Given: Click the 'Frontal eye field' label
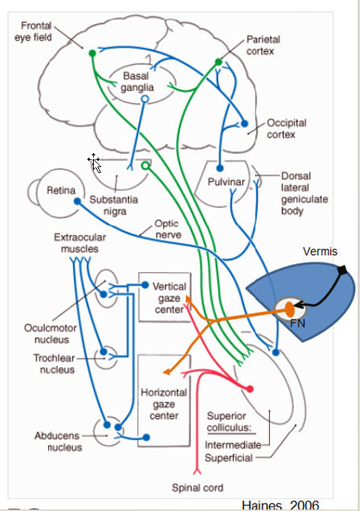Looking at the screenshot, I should pos(35,32).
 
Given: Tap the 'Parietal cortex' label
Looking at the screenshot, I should pos(263,45).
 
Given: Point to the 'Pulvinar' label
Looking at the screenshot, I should pos(226,181).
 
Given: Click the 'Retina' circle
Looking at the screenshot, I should pos(61,190).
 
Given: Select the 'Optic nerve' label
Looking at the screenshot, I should pos(167,227).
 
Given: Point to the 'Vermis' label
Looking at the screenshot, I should pos(319,251).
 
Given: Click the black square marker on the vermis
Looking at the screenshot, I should pos(342,271).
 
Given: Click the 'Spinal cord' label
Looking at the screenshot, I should pos(197,487).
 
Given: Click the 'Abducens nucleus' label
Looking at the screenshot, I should pos(58,441).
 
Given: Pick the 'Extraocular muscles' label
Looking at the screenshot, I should pos(79,244).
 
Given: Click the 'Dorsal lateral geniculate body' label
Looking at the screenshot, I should pos(304,194).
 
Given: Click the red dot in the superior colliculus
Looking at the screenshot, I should pos(249,388).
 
